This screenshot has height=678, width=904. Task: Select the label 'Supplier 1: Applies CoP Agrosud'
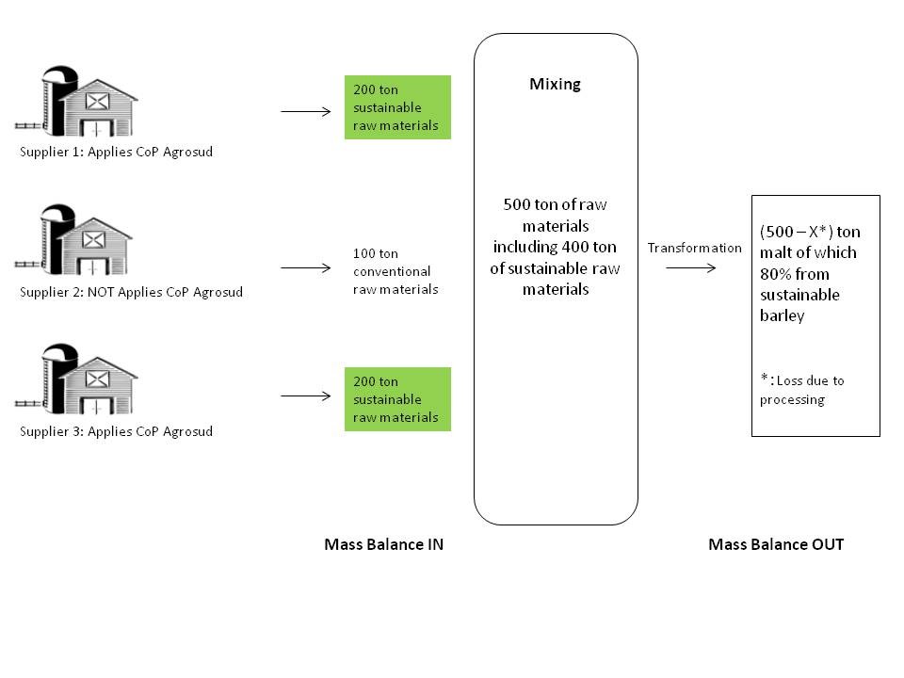click(x=116, y=152)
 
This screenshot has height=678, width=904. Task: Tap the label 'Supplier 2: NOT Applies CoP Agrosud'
click(x=131, y=292)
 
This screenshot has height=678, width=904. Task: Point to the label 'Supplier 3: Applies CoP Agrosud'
click(x=116, y=431)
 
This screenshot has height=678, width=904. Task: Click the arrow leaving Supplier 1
click(x=306, y=111)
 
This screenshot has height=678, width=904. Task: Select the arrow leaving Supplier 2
click(x=306, y=268)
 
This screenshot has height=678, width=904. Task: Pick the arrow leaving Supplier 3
click(x=306, y=396)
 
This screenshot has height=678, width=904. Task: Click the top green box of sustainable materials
click(x=397, y=107)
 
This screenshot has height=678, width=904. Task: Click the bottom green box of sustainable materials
click(x=397, y=399)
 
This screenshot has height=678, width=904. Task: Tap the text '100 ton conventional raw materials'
click(x=395, y=271)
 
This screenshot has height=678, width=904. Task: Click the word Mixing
click(x=555, y=84)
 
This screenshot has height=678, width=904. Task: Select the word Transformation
click(x=694, y=248)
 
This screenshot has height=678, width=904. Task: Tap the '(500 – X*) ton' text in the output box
click(x=810, y=232)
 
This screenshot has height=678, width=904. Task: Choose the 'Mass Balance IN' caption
click(x=383, y=544)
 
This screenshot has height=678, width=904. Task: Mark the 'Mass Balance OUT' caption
click(x=776, y=544)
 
